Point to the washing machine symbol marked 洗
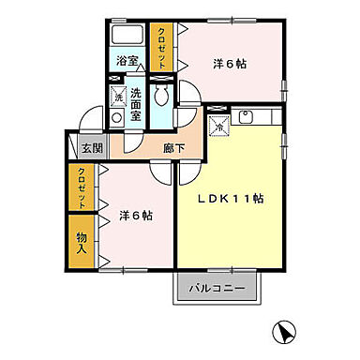pos(118,96)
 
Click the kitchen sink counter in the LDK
pos(254,117)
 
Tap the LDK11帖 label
pos(229,200)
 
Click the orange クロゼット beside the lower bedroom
pos(82,186)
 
